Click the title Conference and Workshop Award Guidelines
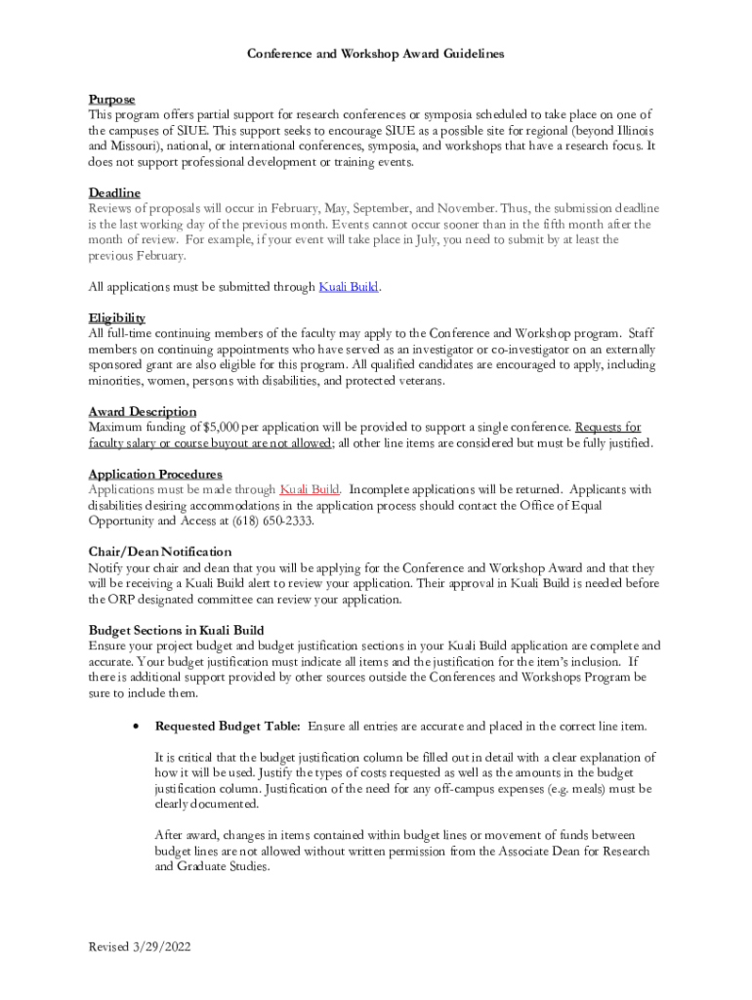(x=375, y=54)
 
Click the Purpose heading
(x=111, y=100)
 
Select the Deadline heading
(x=114, y=193)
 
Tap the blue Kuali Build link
(x=349, y=287)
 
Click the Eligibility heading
(x=117, y=318)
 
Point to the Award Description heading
(x=142, y=412)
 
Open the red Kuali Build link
(x=310, y=489)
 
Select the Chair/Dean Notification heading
(x=160, y=552)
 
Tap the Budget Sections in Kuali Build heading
(x=176, y=630)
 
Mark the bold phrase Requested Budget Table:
(x=228, y=727)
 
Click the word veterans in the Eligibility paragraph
(x=417, y=381)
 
